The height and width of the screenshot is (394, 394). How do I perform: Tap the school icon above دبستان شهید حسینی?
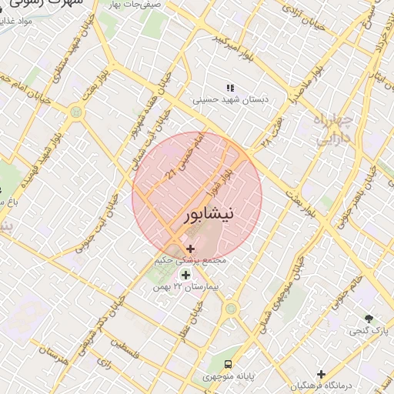[229, 88]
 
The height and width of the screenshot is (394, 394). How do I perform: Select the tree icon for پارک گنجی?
[369, 318]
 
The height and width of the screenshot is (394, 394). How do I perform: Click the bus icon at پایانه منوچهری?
[228, 363]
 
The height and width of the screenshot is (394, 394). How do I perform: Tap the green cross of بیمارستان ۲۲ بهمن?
[185, 274]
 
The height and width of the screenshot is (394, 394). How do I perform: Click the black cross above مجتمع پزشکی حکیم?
[190, 249]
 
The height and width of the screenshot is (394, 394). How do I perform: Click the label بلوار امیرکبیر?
[232, 47]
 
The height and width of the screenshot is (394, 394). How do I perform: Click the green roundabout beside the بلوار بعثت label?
[75, 112]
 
